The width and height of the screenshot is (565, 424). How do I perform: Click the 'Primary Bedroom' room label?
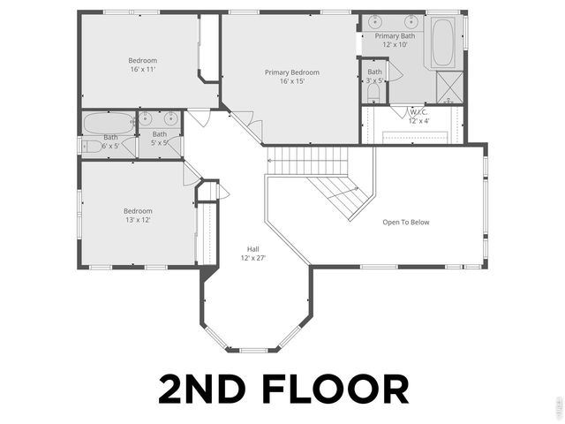(292, 72)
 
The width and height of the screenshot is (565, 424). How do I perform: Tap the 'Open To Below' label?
(406, 223)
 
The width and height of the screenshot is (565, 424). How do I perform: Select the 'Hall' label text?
(253, 249)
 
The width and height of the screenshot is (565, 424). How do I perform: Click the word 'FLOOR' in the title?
(336, 390)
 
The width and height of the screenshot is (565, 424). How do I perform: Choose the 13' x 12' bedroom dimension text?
(138, 220)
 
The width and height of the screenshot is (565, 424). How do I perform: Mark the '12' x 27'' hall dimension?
(253, 258)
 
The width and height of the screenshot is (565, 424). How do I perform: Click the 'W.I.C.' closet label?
(418, 112)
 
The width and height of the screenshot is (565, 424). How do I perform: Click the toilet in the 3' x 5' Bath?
(373, 91)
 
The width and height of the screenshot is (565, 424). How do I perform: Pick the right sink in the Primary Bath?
(411, 21)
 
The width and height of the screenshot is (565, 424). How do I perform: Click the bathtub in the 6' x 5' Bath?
(109, 122)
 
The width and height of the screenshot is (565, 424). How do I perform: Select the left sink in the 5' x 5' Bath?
(147, 118)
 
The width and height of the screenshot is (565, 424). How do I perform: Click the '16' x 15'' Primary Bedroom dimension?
(292, 81)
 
